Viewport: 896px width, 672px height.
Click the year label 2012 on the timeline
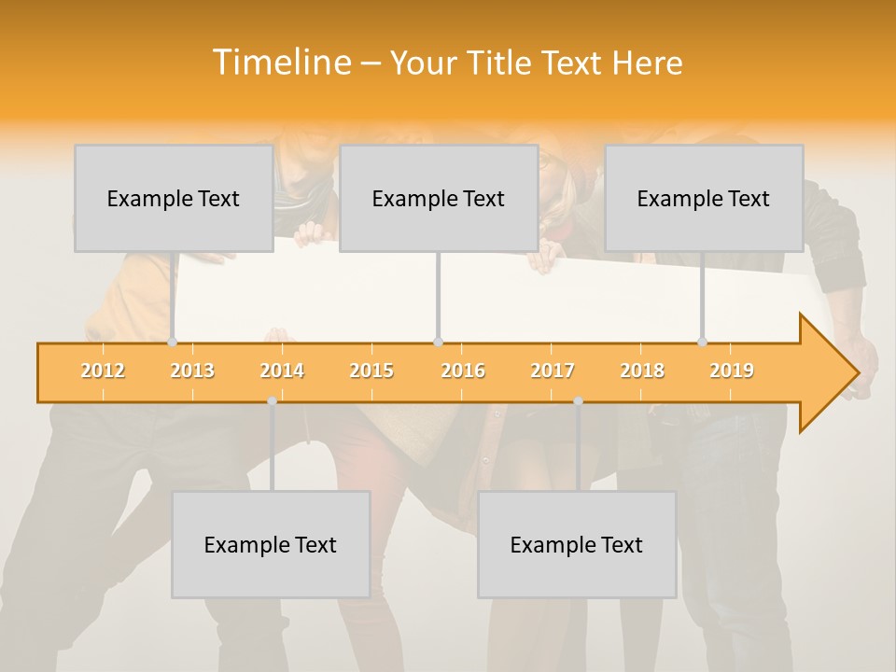[103, 371]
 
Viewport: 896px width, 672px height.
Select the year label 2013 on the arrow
[192, 371]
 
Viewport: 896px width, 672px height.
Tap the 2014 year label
[282, 371]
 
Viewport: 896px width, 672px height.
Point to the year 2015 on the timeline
[371, 371]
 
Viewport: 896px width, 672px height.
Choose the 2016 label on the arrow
[463, 371]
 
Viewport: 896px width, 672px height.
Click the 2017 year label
[553, 371]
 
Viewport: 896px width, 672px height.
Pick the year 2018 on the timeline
[642, 371]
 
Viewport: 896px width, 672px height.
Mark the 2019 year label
[732, 371]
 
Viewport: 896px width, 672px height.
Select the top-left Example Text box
[173, 198]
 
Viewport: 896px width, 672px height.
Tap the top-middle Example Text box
[438, 198]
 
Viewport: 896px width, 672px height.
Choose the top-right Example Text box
[703, 198]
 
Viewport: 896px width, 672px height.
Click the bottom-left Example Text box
[270, 544]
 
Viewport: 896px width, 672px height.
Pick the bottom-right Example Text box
[576, 544]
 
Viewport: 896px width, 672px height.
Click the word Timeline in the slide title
[280, 63]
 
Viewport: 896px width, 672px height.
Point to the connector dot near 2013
[173, 342]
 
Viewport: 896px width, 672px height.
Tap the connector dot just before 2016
[438, 342]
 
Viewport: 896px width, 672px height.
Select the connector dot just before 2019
[703, 342]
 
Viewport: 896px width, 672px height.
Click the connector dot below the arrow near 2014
[272, 400]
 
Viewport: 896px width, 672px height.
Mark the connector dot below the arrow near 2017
[578, 400]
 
